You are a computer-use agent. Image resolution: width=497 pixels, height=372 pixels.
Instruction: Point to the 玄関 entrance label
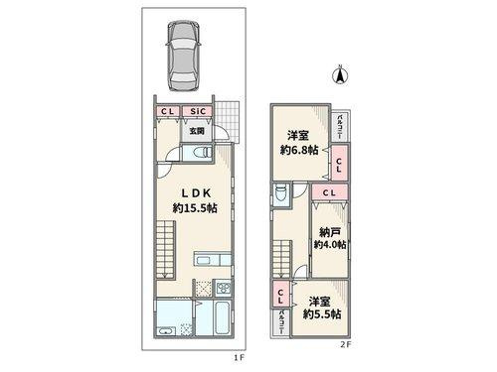(198, 130)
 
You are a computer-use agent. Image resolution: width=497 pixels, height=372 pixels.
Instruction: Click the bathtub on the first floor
(223, 319)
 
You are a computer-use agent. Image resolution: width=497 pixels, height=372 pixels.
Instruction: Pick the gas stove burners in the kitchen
(223, 290)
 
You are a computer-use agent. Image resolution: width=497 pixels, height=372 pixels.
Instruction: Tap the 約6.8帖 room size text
(297, 152)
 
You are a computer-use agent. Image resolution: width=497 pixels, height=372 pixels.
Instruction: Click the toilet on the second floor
(281, 193)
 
